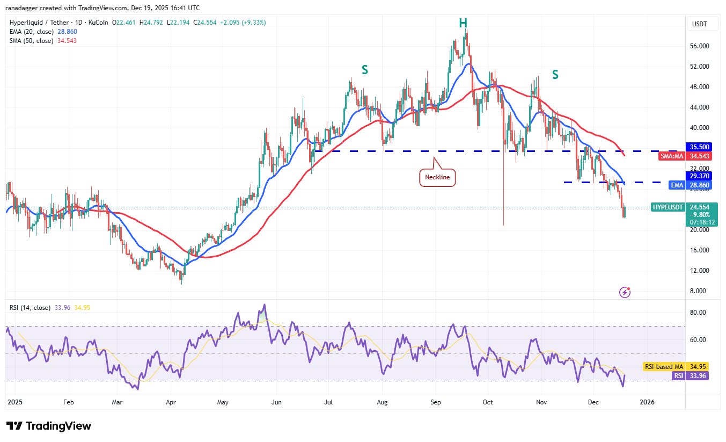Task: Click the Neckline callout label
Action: [437, 177]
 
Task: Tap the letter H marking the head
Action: [463, 23]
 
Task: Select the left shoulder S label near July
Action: [365, 69]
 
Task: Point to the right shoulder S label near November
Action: [555, 75]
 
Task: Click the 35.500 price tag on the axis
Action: [699, 147]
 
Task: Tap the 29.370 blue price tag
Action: [699, 176]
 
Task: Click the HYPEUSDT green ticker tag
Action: [668, 207]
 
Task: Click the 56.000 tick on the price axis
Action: [699, 46]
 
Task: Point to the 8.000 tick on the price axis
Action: [698, 291]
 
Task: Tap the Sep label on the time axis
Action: [436, 402]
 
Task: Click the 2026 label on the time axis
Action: [647, 402]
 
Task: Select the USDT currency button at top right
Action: [699, 24]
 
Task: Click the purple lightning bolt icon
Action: [625, 292]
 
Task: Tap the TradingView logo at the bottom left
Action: [49, 426]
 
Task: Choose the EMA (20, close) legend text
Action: [32, 32]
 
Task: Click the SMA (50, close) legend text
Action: [32, 40]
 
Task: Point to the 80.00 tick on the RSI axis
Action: [698, 312]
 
